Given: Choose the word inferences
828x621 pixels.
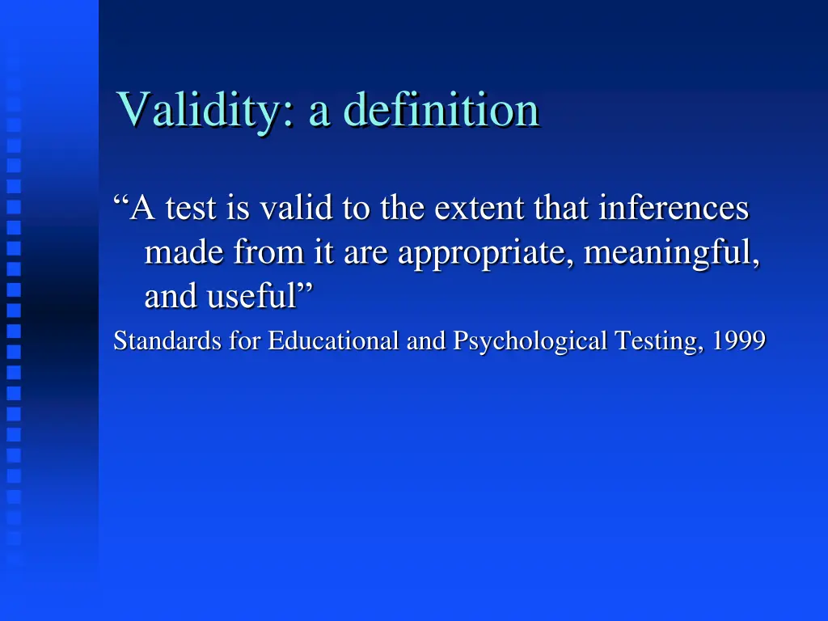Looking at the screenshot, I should [674, 209].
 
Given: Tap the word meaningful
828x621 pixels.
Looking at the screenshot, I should [671, 255].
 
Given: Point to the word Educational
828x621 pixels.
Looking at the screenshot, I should [334, 342].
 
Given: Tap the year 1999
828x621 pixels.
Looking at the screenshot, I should [741, 342].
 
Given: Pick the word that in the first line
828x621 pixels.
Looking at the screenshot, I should [563, 209].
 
